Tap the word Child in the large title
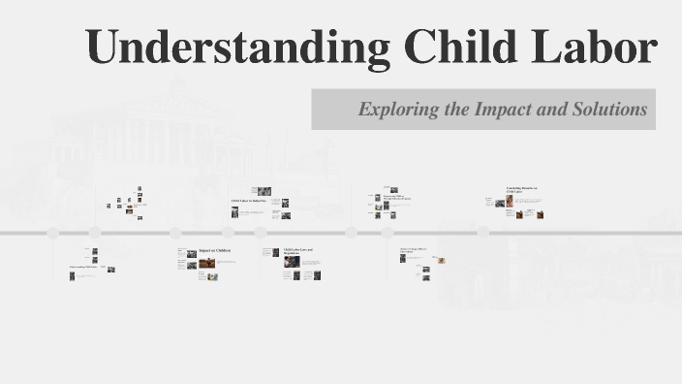(x=462, y=48)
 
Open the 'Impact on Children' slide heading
(x=215, y=251)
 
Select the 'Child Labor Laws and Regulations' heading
(x=298, y=252)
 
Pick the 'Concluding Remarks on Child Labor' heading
(x=521, y=190)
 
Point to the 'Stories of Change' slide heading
(x=414, y=251)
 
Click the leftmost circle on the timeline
(x=53, y=233)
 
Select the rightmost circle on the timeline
(x=387, y=233)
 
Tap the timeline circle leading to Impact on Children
(x=175, y=233)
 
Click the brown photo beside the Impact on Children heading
(x=206, y=260)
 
